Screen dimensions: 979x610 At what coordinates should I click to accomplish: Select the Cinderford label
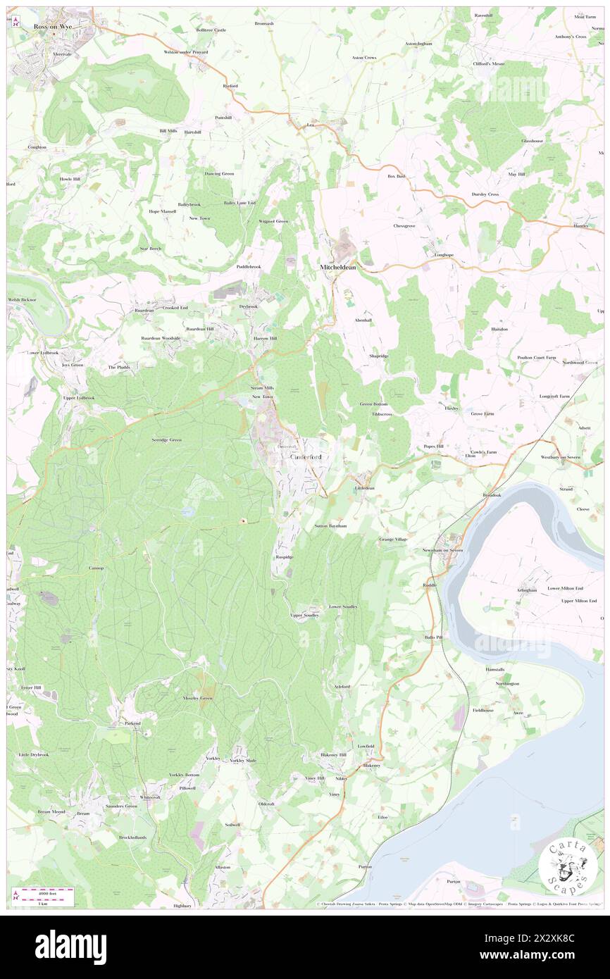[x=307, y=457]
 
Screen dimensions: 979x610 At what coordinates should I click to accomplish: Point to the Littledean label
[x=364, y=487]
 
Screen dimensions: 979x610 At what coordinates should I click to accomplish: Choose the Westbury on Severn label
[x=561, y=457]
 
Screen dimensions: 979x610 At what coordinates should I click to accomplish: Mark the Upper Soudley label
[x=305, y=615]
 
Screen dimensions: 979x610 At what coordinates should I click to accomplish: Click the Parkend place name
[x=133, y=723]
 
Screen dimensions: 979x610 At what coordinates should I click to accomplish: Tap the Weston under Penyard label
[x=185, y=52]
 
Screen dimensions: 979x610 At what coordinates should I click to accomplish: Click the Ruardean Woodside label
[x=161, y=338]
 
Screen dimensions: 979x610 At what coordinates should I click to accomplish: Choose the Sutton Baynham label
[x=330, y=526]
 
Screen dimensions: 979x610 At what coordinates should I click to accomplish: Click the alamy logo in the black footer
[x=70, y=947]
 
